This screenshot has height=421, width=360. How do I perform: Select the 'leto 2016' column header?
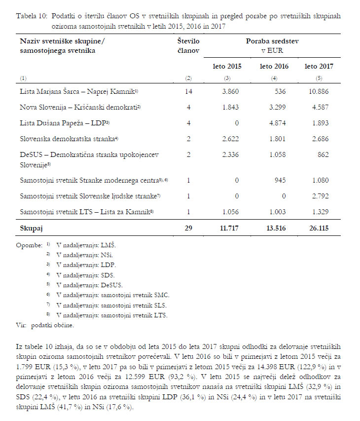tap(274, 66)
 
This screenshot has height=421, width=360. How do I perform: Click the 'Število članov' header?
tap(188, 46)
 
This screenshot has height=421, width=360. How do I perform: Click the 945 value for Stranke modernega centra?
tap(282, 180)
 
